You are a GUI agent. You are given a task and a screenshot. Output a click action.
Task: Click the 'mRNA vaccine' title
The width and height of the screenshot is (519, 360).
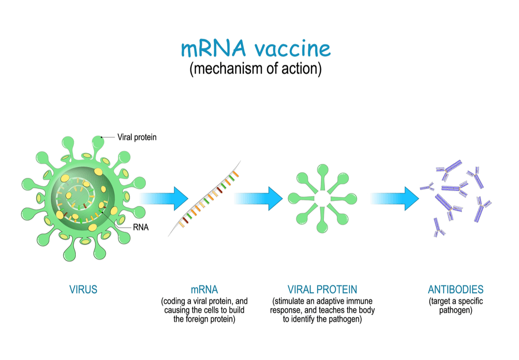pyautogui.click(x=255, y=48)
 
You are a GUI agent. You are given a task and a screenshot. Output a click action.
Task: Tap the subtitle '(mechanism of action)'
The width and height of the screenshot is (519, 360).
pyautogui.click(x=255, y=69)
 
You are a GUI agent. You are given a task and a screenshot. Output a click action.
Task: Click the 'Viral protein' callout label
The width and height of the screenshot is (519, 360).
pyautogui.click(x=137, y=137)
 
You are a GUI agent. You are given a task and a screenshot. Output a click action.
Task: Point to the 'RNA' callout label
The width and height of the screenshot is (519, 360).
pyautogui.click(x=141, y=227)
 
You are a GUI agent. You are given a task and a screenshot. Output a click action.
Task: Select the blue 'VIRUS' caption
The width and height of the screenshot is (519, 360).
pyautogui.click(x=84, y=289)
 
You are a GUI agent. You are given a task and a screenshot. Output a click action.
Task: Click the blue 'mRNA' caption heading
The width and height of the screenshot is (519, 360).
pyautogui.click(x=204, y=289)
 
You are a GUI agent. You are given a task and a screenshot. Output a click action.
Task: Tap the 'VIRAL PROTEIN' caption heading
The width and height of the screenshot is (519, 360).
pyautogui.click(x=322, y=289)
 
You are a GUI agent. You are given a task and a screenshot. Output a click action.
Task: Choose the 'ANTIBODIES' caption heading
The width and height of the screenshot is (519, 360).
pyautogui.click(x=456, y=289)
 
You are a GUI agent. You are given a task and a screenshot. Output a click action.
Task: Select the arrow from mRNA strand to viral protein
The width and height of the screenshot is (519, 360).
pyautogui.click(x=258, y=199)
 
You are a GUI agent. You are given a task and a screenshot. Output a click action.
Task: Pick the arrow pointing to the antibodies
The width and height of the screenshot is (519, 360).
pyautogui.click(x=395, y=199)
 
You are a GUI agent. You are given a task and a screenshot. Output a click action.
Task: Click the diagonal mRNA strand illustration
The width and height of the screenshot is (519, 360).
pyautogui.click(x=204, y=199)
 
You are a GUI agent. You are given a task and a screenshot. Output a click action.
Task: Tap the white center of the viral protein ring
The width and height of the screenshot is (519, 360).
pyautogui.click(x=322, y=199)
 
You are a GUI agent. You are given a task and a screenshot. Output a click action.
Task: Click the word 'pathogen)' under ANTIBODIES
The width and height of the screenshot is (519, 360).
pyautogui.click(x=456, y=310)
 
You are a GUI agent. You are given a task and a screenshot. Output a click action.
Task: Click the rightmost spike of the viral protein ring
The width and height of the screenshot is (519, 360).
pyautogui.click(x=344, y=199)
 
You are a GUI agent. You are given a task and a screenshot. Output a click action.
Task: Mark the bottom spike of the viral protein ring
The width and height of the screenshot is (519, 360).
pyautogui.click(x=322, y=220)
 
